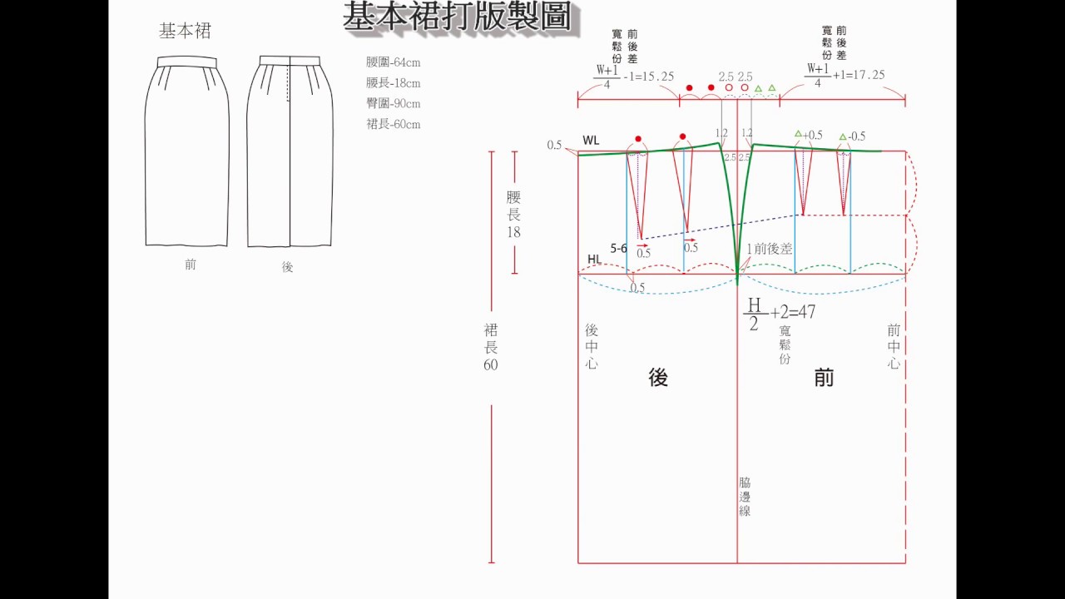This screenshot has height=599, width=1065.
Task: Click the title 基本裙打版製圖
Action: click(x=458, y=17)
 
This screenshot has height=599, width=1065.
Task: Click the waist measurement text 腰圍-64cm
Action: click(x=394, y=62)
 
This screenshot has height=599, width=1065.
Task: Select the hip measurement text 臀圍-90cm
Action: click(x=394, y=104)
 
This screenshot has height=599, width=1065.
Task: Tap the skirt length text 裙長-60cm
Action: click(x=394, y=125)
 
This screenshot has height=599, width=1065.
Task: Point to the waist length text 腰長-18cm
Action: click(x=394, y=83)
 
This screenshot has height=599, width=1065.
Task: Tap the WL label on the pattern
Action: click(x=591, y=141)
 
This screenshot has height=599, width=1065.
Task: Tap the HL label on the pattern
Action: click(x=594, y=260)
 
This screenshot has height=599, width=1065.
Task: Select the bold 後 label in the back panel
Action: click(x=658, y=378)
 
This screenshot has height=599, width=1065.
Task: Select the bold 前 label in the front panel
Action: click(x=824, y=378)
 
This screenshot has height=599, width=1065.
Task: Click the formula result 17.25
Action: click(x=867, y=75)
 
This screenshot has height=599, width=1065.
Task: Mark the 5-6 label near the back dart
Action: click(x=619, y=248)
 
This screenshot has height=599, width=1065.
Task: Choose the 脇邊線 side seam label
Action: click(x=745, y=497)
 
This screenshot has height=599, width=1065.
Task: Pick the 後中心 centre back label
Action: click(x=591, y=347)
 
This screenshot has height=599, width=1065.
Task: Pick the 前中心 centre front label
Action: click(x=894, y=347)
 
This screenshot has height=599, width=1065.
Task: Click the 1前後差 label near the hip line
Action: click(x=769, y=249)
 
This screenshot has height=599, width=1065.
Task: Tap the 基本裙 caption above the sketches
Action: click(x=185, y=32)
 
